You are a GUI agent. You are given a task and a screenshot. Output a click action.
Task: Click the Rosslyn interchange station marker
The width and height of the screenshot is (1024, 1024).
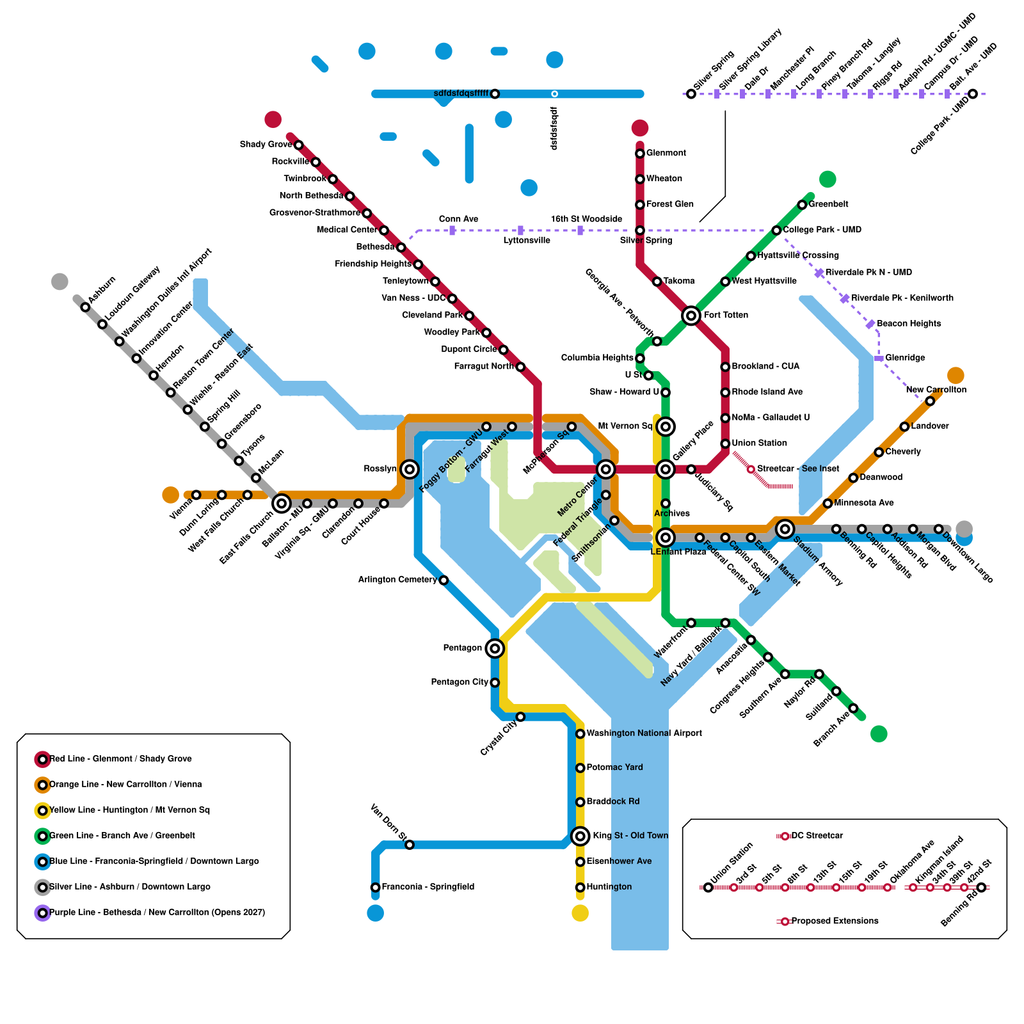click(410, 469)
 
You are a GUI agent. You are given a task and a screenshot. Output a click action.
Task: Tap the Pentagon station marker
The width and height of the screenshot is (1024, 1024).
click(495, 648)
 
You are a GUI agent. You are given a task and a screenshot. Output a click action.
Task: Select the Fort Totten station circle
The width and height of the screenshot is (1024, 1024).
click(691, 316)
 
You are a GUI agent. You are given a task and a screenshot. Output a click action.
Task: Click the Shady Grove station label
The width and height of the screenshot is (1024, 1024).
click(266, 145)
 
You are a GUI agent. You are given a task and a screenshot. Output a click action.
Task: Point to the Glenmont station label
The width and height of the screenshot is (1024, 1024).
click(666, 153)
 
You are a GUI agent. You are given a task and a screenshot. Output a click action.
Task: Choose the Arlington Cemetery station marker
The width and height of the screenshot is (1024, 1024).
click(444, 580)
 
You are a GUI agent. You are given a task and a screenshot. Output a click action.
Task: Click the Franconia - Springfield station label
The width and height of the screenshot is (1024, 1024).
click(428, 887)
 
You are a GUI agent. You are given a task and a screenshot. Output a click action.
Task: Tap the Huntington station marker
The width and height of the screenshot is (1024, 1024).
click(580, 887)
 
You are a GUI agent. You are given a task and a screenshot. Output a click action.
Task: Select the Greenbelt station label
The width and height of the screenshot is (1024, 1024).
click(828, 204)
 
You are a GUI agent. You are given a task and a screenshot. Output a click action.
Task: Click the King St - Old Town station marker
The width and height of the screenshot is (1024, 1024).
click(580, 836)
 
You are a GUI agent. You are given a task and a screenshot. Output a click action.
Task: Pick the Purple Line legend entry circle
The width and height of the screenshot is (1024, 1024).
click(43, 913)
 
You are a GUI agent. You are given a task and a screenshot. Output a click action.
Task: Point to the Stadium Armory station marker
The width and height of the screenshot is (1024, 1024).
click(785, 529)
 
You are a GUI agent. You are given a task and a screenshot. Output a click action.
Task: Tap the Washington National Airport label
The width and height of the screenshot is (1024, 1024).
click(644, 733)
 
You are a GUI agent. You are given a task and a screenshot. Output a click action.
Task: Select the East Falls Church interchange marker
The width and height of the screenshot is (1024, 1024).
click(282, 504)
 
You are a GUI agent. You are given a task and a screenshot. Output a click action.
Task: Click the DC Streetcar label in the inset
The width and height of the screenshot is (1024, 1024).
click(817, 836)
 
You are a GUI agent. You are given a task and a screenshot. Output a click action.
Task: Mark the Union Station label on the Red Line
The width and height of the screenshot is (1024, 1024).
click(759, 443)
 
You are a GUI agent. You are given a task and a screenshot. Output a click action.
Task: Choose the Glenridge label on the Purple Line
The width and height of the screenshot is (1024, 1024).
click(905, 358)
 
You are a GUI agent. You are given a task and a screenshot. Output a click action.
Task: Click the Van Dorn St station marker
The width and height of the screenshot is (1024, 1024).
click(410, 845)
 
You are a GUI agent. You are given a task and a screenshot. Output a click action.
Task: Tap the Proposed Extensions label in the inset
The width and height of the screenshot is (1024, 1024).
click(835, 921)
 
